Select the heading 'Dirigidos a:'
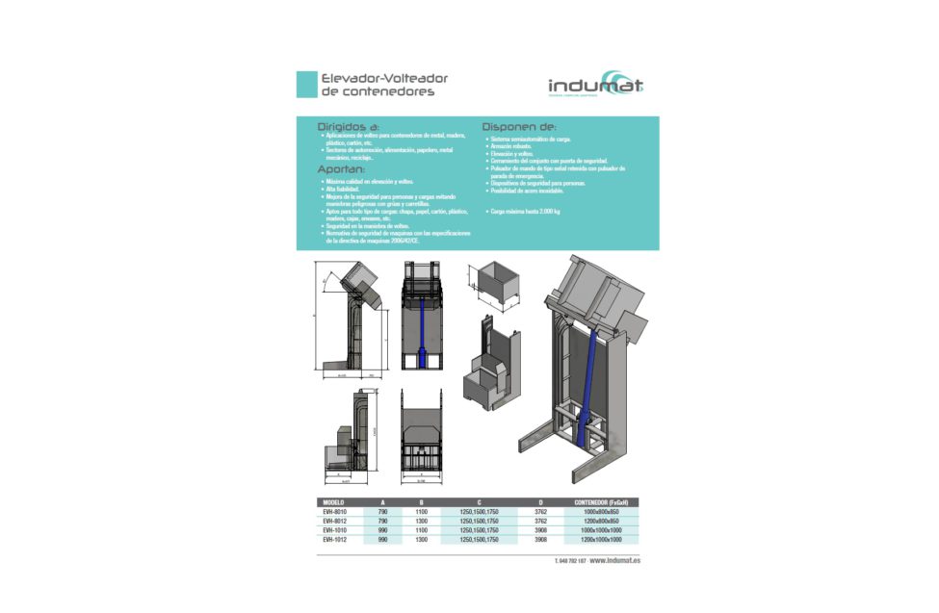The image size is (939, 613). tap(348, 126)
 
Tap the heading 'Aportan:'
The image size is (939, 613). tap(341, 169)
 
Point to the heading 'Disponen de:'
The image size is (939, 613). tap(518, 126)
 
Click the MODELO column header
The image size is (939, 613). tap(334, 502)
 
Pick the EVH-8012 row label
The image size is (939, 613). tap(334, 521)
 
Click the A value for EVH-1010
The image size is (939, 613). tap(382, 530)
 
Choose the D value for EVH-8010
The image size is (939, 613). tap(539, 512)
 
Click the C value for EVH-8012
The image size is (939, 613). tap(479, 521)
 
